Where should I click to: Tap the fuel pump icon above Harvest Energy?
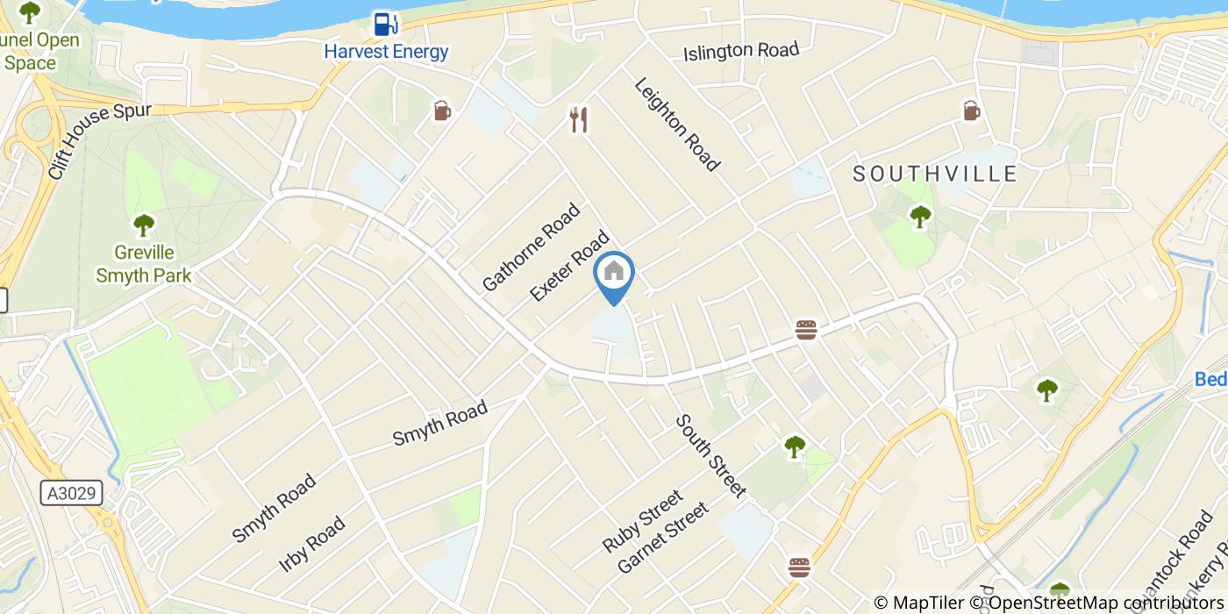point(383,23)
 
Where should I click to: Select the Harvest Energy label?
point(386,51)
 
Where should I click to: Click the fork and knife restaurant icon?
point(578,119)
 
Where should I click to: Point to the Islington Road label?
point(741,51)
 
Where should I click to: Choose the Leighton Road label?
point(677,124)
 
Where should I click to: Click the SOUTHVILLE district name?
point(935,174)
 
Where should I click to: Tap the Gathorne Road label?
point(532,246)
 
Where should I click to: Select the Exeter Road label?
point(570,266)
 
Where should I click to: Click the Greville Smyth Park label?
point(144,264)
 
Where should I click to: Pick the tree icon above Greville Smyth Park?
point(144,225)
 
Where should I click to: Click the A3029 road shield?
point(71,494)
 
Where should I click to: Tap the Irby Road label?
point(311,544)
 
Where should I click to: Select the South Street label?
point(710,455)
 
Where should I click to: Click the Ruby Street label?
point(642,521)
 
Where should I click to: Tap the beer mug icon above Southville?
point(971,111)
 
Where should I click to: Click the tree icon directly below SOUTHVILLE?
point(920,215)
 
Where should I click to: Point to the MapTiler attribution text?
point(918,603)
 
